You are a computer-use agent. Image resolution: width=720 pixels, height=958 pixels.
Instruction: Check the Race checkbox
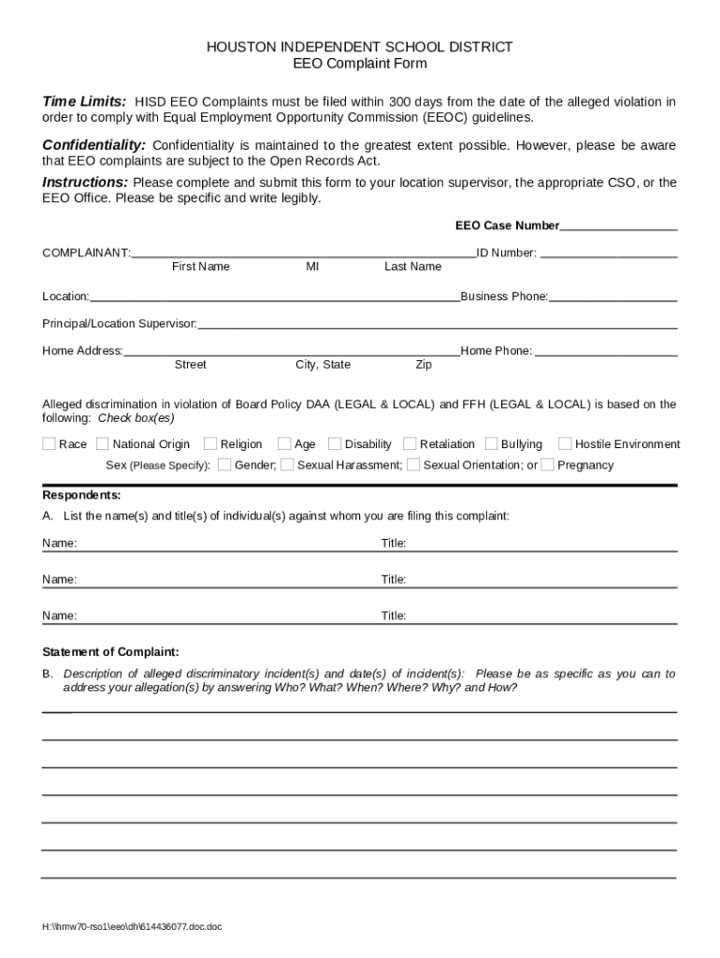click(49, 444)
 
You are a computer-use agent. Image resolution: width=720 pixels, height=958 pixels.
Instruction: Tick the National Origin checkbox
click(103, 444)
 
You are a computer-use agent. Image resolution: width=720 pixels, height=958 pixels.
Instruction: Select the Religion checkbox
click(210, 444)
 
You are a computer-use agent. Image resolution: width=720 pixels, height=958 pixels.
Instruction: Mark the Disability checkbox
click(335, 444)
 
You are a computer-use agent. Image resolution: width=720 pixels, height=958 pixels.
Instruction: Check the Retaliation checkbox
click(410, 444)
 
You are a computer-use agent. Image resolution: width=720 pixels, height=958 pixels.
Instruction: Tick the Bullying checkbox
click(491, 444)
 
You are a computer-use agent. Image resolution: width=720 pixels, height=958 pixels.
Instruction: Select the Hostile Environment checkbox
click(565, 444)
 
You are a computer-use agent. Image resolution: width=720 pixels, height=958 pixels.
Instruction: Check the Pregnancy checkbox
click(548, 465)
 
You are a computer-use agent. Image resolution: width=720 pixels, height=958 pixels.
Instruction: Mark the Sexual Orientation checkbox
click(413, 465)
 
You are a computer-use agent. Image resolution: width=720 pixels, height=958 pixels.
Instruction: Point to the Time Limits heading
click(84, 101)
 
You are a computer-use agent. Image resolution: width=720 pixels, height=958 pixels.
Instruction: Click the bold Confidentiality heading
click(94, 145)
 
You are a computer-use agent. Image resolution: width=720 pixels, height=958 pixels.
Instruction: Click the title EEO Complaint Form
click(360, 64)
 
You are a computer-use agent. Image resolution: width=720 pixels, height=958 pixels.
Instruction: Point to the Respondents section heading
click(81, 495)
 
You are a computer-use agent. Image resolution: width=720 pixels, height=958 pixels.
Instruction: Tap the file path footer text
click(132, 927)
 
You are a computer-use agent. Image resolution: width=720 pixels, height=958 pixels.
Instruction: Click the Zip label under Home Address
click(424, 365)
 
